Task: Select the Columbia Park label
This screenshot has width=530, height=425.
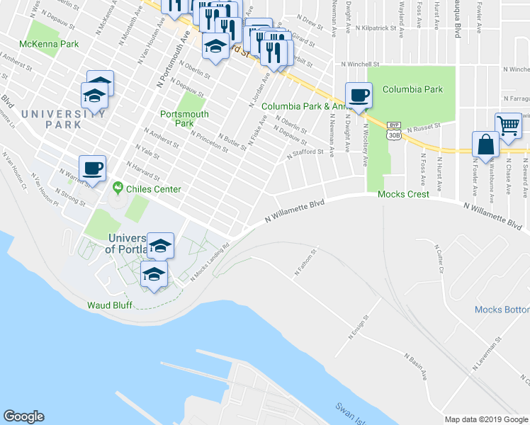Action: coord(412,89)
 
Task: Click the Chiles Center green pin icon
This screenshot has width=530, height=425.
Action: coord(118,189)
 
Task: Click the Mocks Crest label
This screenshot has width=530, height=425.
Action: coord(403,194)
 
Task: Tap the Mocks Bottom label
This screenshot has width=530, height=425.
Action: coord(502,310)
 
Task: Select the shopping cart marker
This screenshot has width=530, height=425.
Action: coord(509,126)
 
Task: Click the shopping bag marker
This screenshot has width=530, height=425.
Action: coord(486,144)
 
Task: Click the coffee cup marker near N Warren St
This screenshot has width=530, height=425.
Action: coord(92,169)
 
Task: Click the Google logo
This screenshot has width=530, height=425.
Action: coord(23,416)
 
